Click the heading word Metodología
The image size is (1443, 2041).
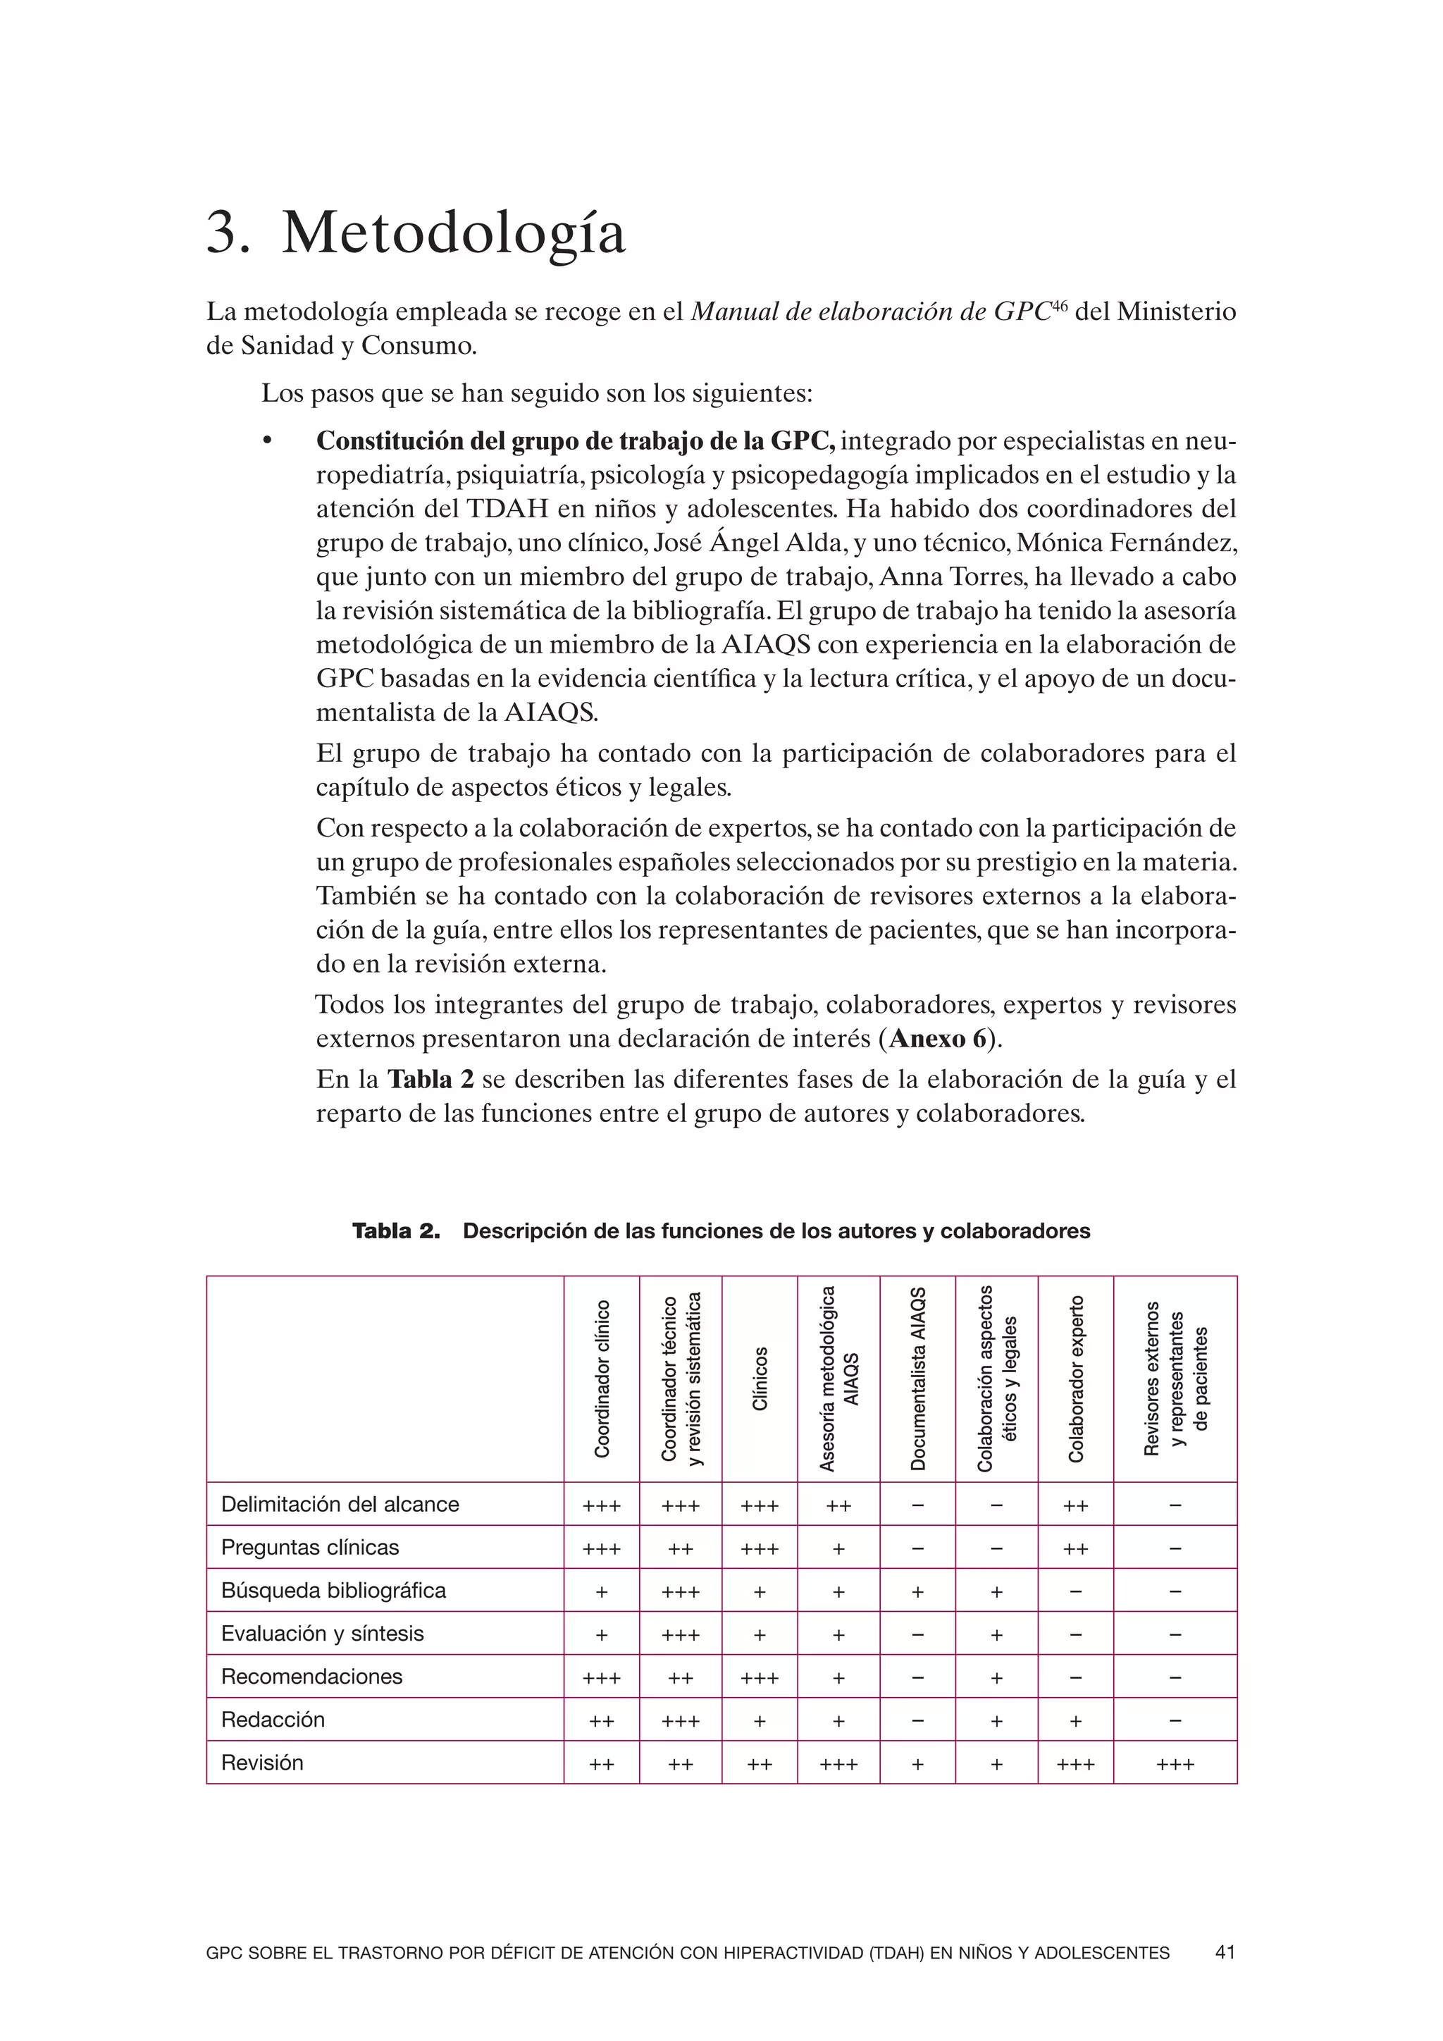click(x=453, y=233)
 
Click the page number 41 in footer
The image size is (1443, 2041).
click(x=1225, y=1953)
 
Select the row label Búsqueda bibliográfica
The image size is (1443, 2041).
click(x=333, y=1591)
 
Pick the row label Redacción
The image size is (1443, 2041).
click(x=273, y=1719)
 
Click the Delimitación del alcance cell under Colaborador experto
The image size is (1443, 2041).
click(x=1075, y=1507)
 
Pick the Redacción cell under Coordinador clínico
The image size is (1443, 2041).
click(x=602, y=1722)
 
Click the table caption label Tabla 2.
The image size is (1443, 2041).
click(x=396, y=1231)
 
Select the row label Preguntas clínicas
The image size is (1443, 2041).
click(x=310, y=1548)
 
